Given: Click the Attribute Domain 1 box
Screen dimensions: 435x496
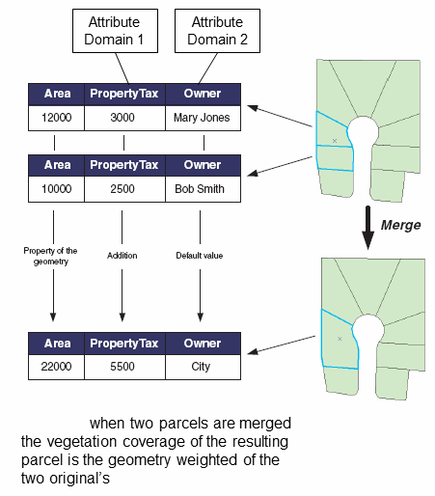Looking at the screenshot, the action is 115,31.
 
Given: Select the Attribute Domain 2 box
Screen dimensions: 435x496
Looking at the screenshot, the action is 217,31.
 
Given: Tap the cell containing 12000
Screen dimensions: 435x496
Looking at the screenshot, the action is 56,118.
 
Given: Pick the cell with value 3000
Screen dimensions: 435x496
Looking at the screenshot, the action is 124,118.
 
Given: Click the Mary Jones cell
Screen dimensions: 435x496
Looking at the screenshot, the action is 203,118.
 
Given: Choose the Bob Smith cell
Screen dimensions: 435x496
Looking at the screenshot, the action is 203,189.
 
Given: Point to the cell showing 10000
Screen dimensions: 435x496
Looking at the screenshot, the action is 56,189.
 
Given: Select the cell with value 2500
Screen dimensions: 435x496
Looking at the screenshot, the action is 124,189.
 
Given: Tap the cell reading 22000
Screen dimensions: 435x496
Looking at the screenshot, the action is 56,367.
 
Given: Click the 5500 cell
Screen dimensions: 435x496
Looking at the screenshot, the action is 124,367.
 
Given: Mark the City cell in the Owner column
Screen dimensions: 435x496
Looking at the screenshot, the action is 203,367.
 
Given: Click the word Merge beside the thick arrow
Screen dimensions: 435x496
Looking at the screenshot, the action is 400,225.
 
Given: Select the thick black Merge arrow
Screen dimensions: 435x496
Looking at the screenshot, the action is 367,228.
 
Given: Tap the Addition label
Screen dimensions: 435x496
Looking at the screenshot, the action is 122,256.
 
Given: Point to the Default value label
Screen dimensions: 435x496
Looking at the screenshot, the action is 200,256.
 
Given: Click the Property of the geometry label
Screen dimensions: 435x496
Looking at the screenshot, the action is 50,257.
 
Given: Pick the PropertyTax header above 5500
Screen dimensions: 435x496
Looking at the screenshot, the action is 124,344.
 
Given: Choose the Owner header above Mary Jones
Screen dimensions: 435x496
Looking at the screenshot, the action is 203,95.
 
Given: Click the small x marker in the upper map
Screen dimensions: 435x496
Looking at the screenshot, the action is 335,141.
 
